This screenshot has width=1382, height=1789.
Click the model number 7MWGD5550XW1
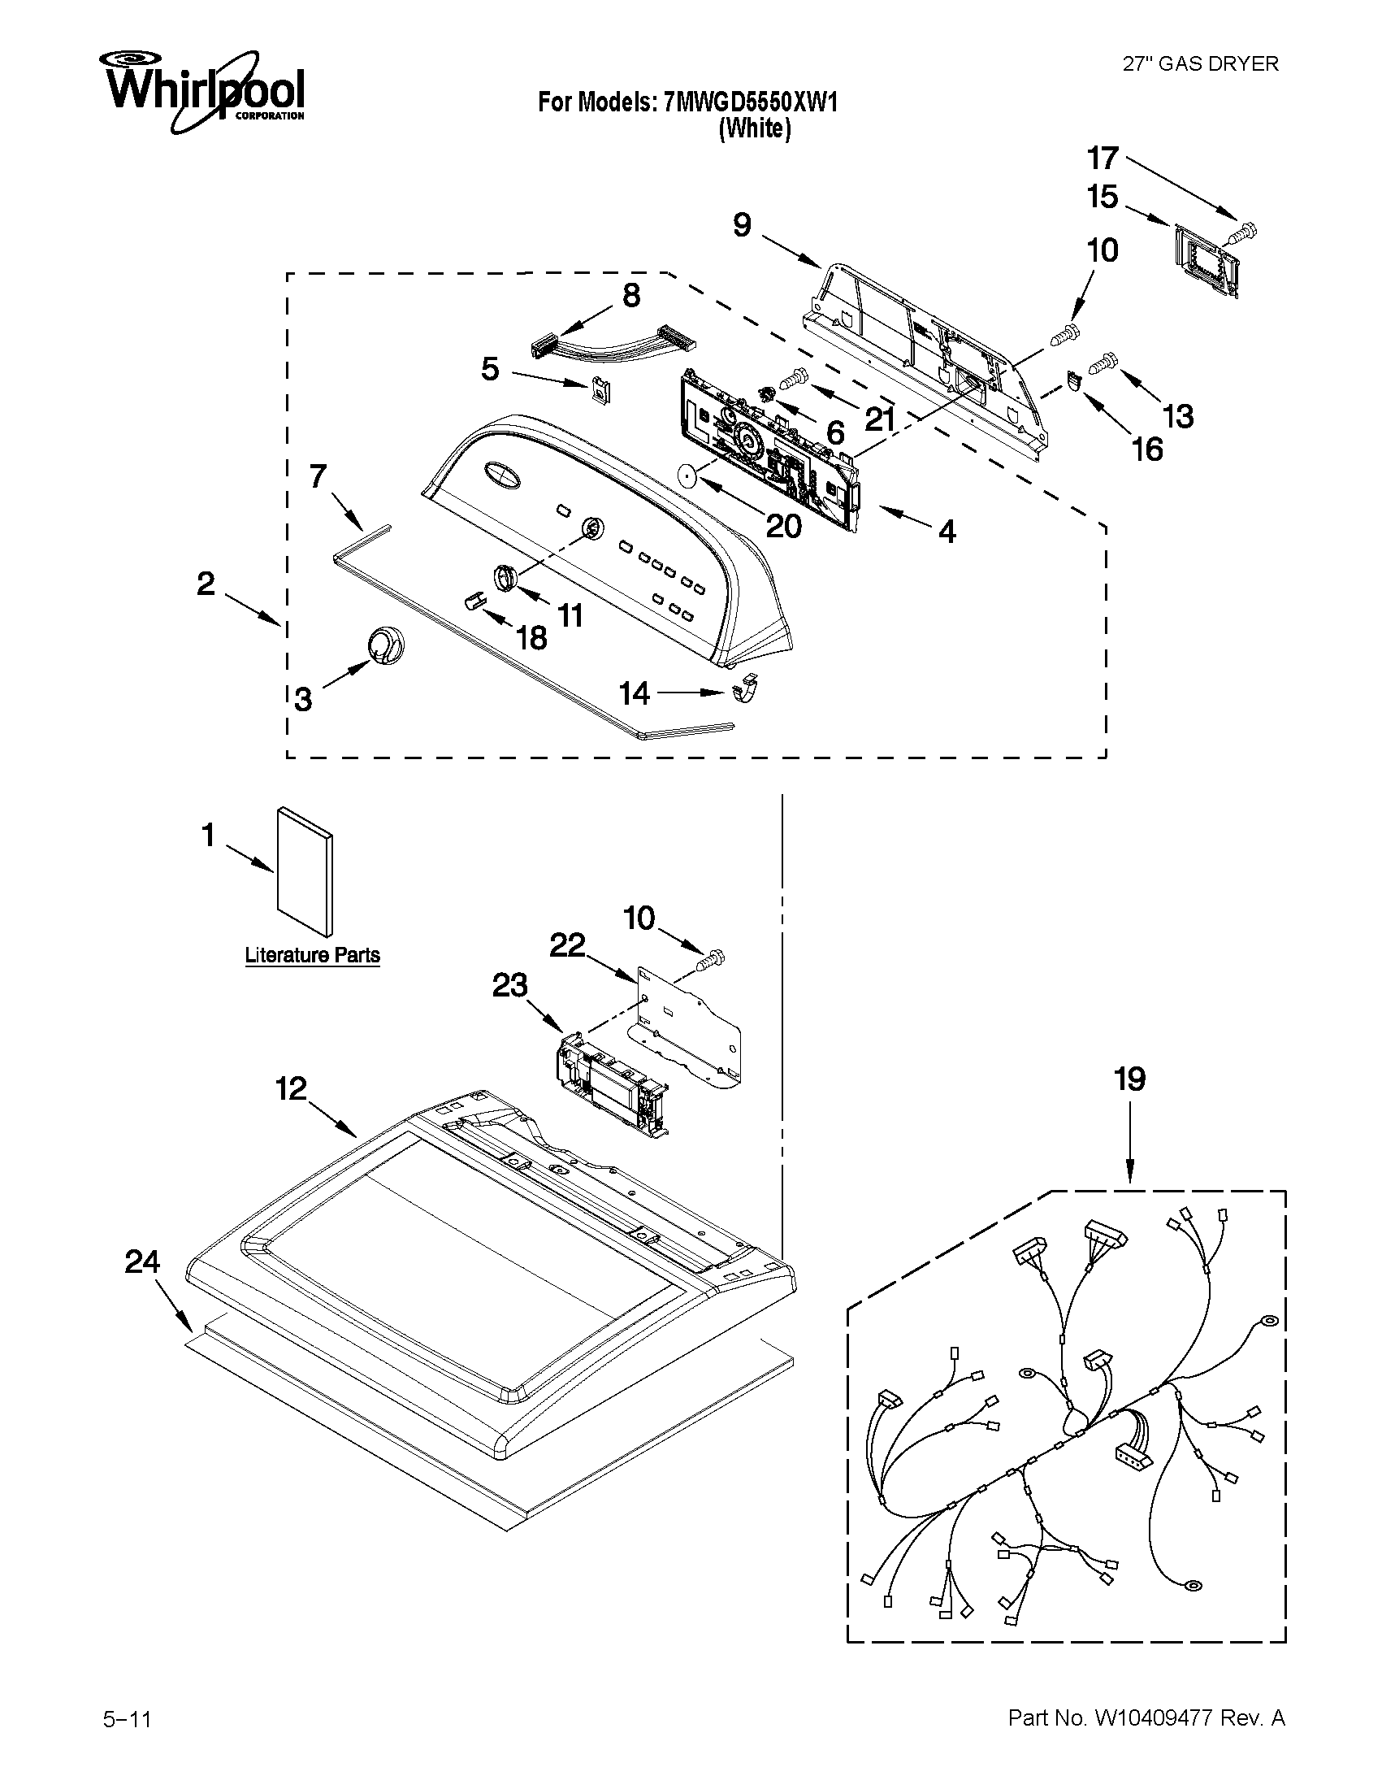coord(750,102)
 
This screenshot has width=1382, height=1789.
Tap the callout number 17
coord(1102,157)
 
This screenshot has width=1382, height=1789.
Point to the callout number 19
coord(1129,1079)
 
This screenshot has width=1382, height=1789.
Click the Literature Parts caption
coord(312,955)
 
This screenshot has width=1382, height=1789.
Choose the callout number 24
coord(141,1261)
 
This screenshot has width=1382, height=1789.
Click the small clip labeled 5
coord(601,390)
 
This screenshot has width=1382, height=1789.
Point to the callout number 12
coord(292,1088)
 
